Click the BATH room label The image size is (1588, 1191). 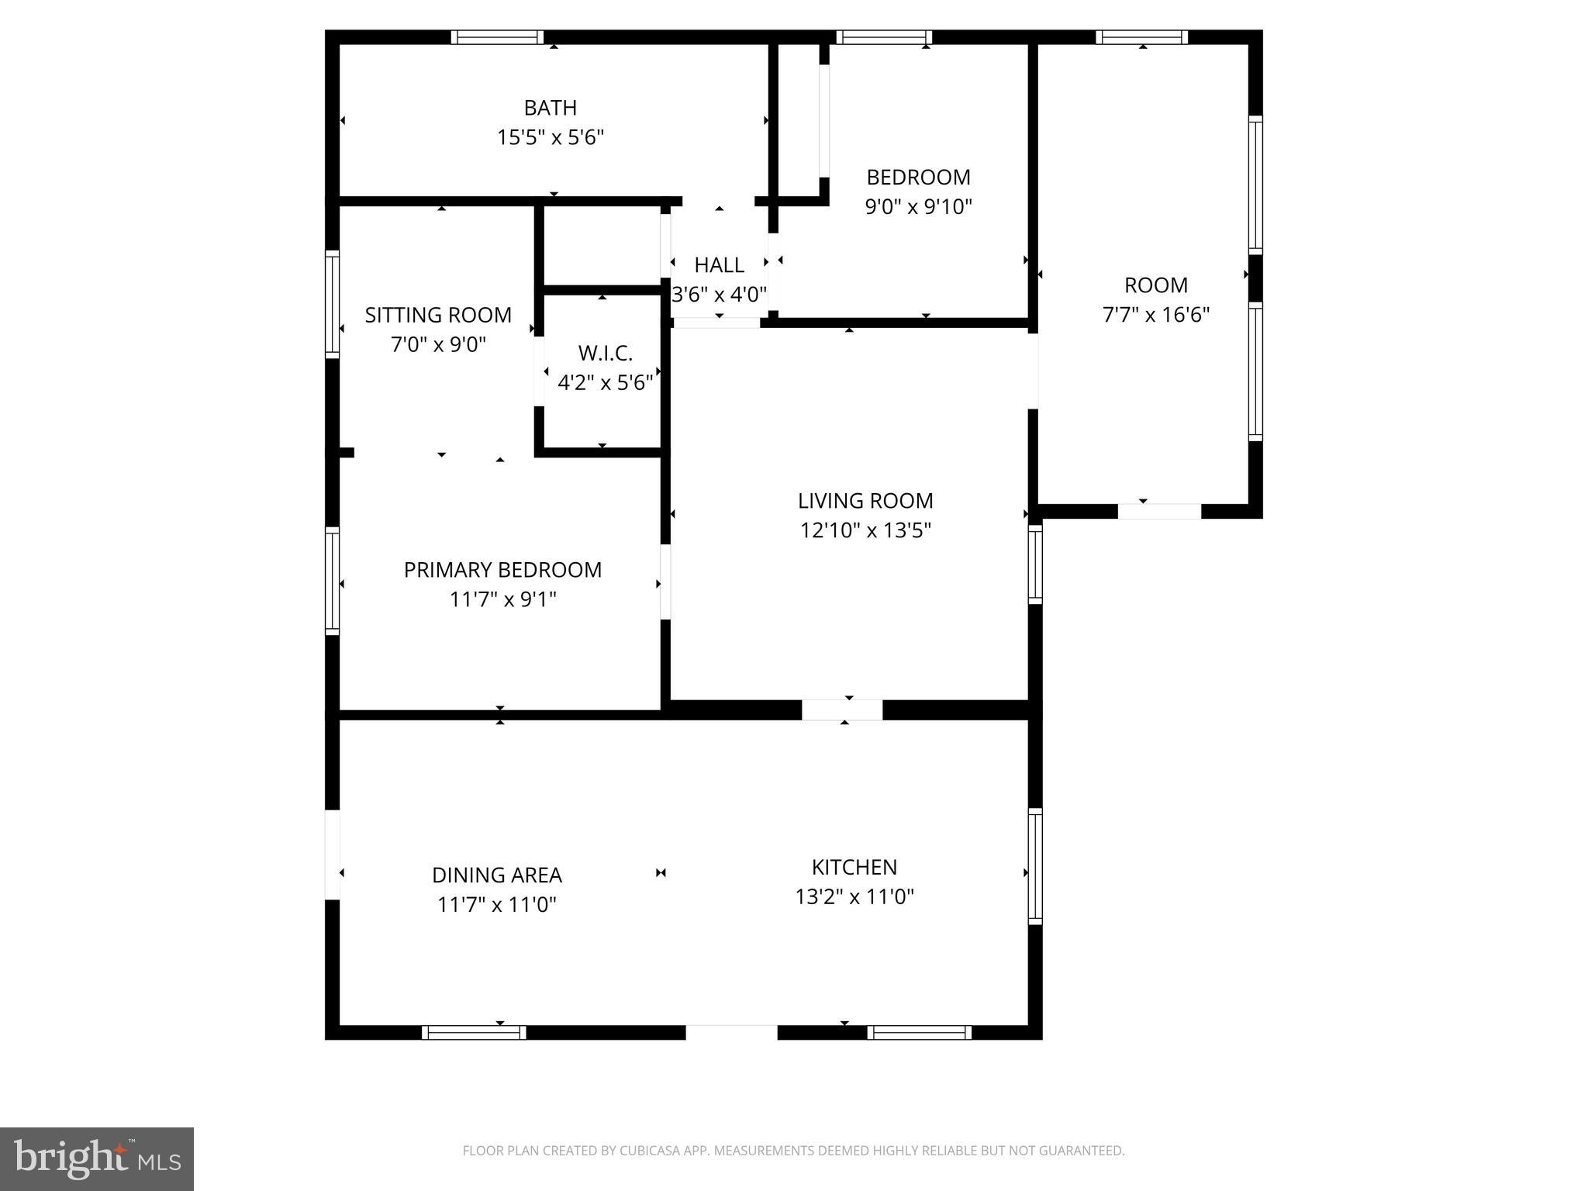[x=550, y=108]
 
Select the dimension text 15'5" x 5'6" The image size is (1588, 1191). [x=550, y=138]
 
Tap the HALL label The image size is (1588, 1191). [x=719, y=265]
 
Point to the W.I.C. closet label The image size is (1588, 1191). [x=605, y=354]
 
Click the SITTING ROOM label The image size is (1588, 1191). [x=438, y=315]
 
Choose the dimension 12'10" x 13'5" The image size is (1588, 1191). [x=865, y=530]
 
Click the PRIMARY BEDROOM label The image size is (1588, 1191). [x=502, y=570]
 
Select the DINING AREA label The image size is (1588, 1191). [x=496, y=875]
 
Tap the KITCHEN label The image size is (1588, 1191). [x=854, y=867]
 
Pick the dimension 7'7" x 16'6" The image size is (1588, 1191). [x=1155, y=315]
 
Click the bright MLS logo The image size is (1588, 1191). [x=97, y=1159]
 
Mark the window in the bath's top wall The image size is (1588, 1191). [x=497, y=37]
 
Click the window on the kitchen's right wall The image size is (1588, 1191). [x=1035, y=866]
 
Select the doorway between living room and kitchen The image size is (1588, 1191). [x=842, y=709]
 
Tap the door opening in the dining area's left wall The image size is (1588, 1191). [x=332, y=854]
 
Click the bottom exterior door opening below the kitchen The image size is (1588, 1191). [x=731, y=1032]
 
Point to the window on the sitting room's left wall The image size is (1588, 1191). [x=332, y=304]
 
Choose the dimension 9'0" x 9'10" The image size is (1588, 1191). [x=918, y=207]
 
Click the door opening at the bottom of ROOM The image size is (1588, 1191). [x=1158, y=511]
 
